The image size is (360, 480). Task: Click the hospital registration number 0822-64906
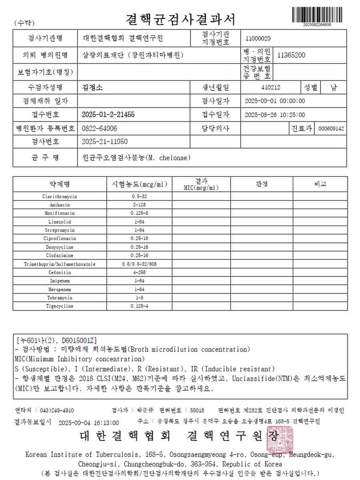click(99, 128)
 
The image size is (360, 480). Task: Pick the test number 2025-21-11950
click(104, 142)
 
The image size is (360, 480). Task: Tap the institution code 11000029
click(258, 38)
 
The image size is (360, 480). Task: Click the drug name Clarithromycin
click(60, 196)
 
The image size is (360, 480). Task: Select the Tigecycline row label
click(60, 306)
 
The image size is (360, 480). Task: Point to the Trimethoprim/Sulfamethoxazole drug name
click(60, 264)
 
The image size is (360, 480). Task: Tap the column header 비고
click(320, 184)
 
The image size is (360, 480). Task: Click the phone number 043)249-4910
click(56, 410)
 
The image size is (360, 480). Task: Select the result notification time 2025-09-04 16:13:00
click(88, 422)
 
